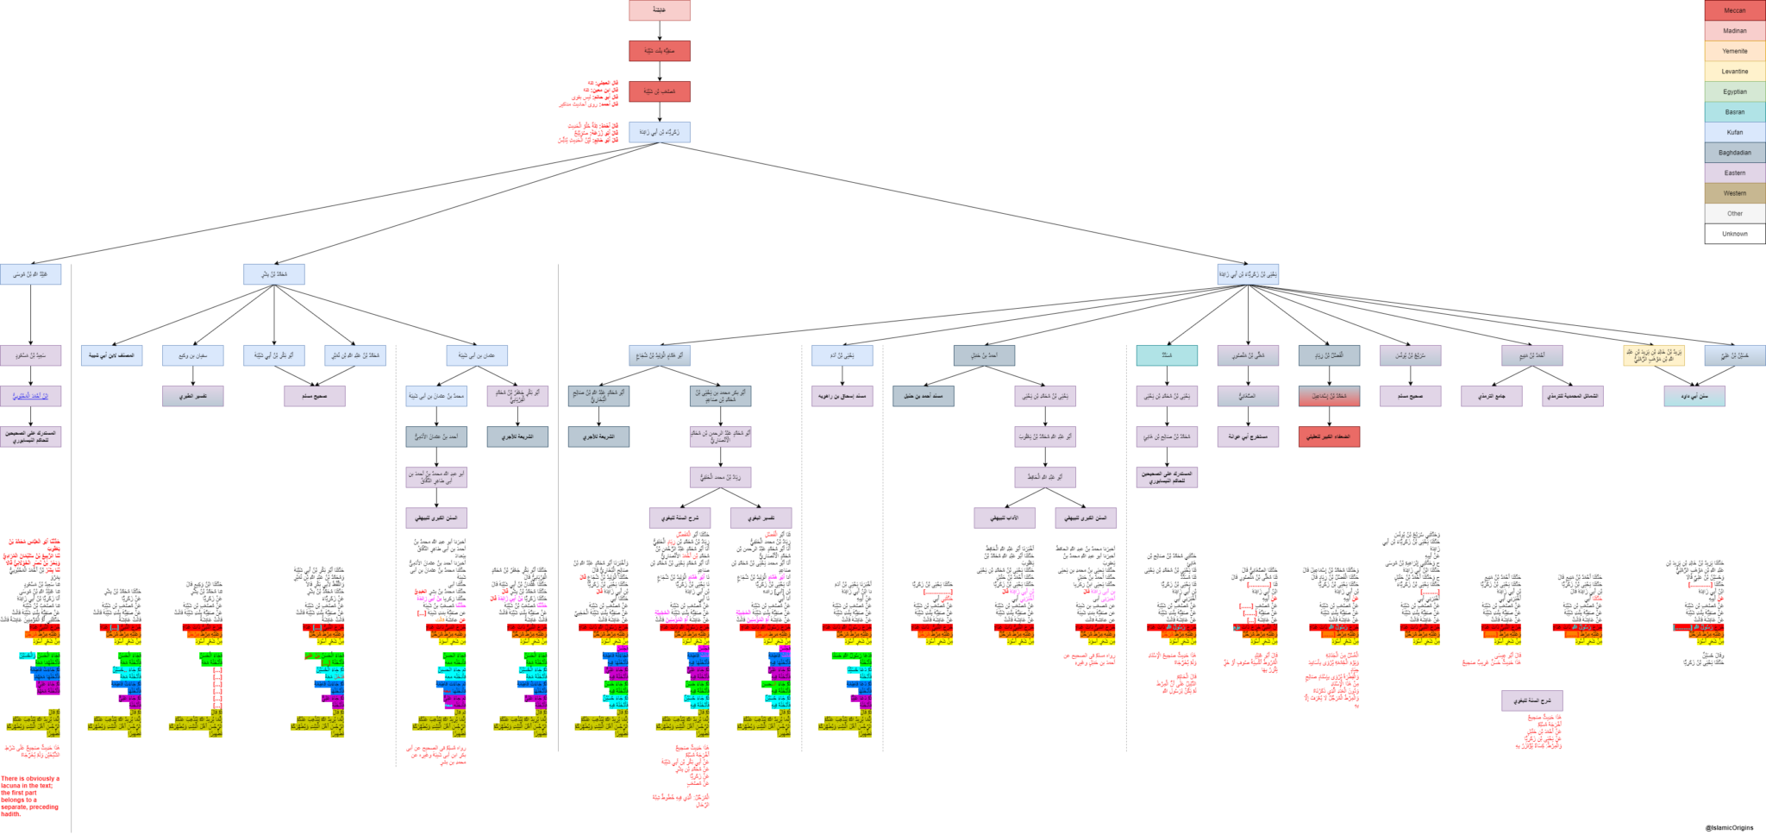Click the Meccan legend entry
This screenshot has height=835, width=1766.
coord(1734,10)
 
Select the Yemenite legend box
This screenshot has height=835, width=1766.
coord(1734,51)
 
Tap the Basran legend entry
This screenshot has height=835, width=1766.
coord(1734,112)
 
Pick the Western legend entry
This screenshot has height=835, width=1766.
coord(1734,193)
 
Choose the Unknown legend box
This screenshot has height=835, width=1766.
coord(1734,234)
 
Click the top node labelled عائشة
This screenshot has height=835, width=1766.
coord(659,10)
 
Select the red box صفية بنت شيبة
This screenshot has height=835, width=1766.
coord(659,51)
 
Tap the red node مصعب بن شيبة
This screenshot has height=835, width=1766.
coord(659,91)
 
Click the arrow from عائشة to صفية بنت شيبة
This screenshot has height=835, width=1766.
coord(659,30)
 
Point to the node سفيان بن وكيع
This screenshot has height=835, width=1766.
coord(192,355)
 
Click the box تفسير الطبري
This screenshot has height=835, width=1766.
coord(192,396)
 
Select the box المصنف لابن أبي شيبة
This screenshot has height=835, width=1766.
coord(112,355)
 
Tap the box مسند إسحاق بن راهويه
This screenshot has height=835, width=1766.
coord(842,396)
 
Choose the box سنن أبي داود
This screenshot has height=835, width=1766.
coord(1694,396)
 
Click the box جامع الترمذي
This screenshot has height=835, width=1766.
coord(1491,396)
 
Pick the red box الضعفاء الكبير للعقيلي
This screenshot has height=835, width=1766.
coord(1329,436)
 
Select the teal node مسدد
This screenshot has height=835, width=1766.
coord(1167,355)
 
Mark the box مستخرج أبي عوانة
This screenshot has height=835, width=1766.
coord(1248,436)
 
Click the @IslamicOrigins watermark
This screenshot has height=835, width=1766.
coord(1729,827)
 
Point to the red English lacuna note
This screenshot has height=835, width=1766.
coord(31,795)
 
